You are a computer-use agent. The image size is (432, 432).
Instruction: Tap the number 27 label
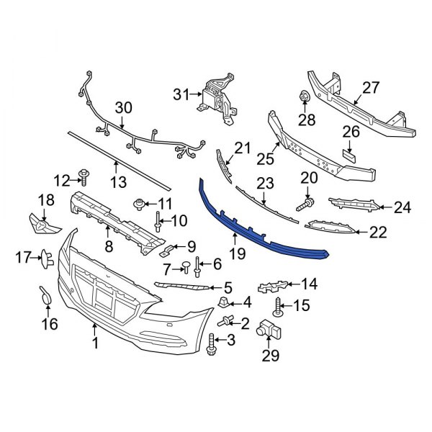370,89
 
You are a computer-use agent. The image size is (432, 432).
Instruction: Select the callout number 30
124,107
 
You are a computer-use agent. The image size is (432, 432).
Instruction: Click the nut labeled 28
303,97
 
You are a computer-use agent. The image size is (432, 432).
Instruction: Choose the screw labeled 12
85,176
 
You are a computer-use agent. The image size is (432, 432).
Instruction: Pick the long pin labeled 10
158,225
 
